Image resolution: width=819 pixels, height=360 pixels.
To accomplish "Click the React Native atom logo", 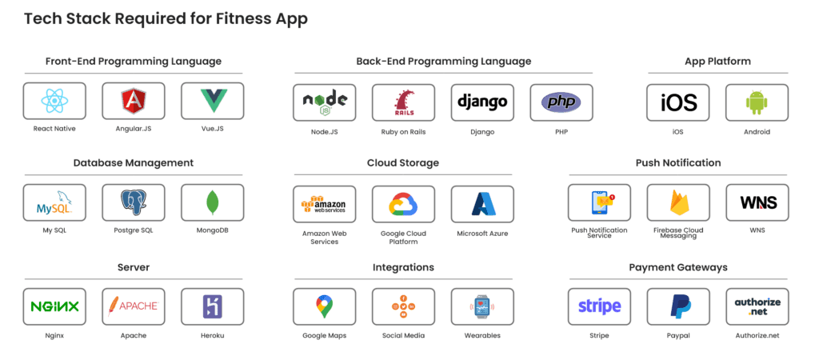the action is tap(54, 101).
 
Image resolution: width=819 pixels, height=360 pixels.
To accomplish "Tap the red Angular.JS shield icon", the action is tap(134, 101).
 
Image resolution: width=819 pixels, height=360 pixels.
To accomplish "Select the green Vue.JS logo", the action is tap(213, 101).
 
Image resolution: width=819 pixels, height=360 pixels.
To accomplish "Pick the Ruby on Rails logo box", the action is tap(403, 102).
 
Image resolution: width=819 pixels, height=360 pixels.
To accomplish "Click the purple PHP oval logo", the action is tap(561, 102).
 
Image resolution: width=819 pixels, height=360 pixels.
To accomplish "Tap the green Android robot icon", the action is tap(757, 102).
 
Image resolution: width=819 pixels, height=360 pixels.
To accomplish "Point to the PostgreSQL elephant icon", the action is tap(134, 202).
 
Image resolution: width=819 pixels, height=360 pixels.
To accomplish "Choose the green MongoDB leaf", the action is tap(212, 202).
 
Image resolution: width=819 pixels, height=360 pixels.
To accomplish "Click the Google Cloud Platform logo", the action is tap(403, 204).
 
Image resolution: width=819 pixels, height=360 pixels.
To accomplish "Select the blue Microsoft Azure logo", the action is tap(482, 204).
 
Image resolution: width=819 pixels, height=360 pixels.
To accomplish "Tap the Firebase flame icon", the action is tap(678, 202).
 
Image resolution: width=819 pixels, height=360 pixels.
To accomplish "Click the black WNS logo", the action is tap(757, 202).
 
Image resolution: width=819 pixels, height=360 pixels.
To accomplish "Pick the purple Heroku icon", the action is tap(212, 306).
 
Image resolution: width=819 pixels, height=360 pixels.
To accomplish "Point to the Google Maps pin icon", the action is tap(324, 306).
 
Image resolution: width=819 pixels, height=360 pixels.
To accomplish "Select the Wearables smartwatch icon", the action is tap(482, 306).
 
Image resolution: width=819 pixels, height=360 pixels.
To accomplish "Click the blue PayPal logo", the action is tap(678, 306).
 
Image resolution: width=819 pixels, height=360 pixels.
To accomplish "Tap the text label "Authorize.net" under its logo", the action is tap(757, 335).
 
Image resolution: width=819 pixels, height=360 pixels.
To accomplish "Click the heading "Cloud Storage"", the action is tap(403, 163).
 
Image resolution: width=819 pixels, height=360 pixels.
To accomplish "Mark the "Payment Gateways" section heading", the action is tap(678, 267).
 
